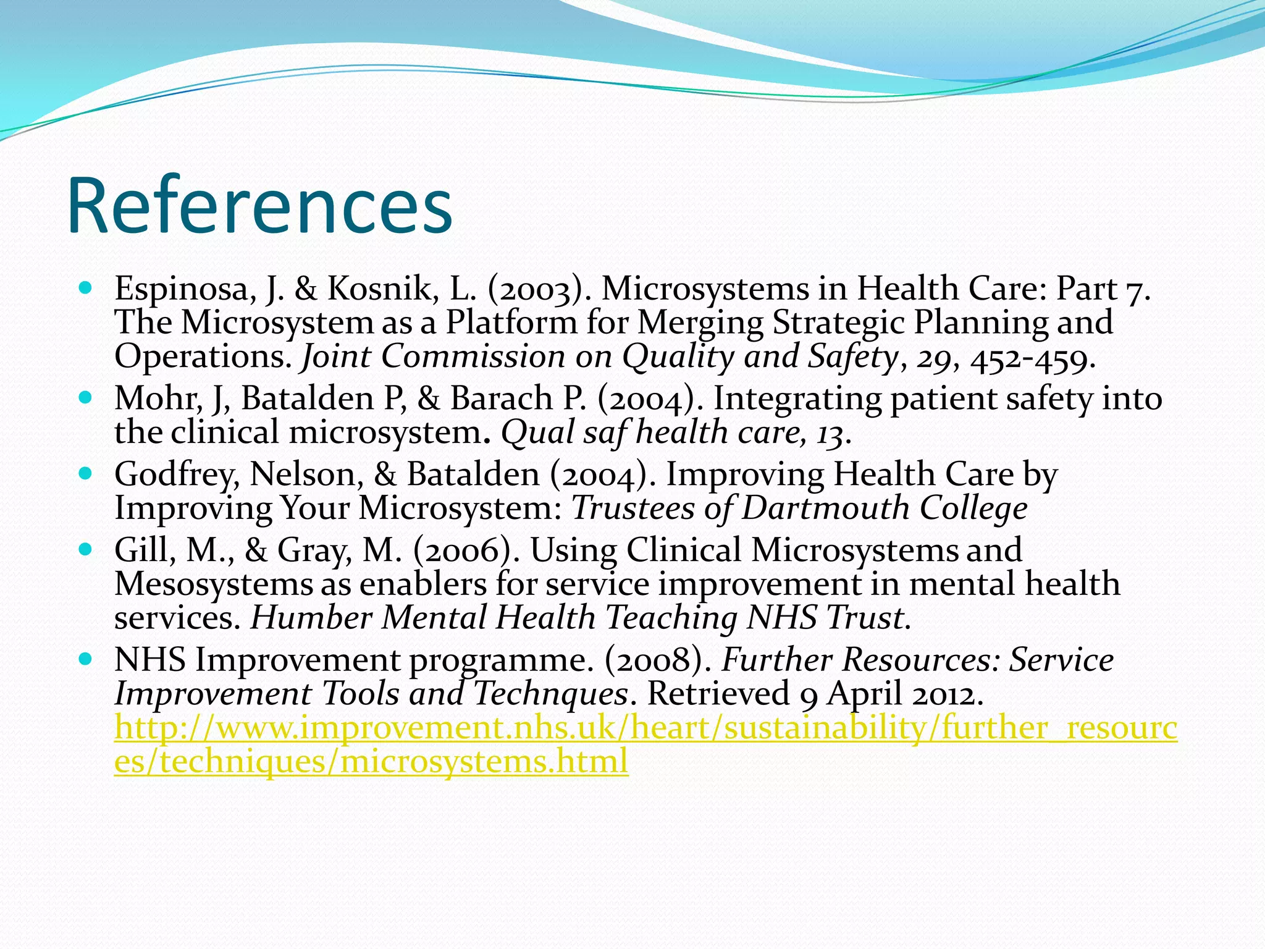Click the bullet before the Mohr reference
[86, 397]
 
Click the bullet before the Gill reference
[86, 549]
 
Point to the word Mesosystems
[213, 584]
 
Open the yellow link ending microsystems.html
[371, 761]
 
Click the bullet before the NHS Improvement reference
[86, 659]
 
